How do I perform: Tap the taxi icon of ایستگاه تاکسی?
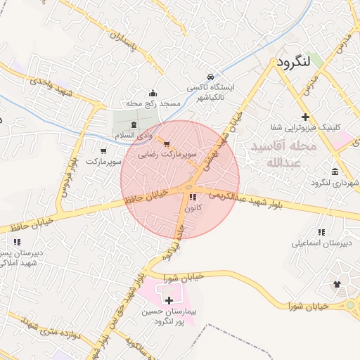tap(210, 76)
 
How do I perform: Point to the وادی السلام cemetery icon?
tap(134, 124)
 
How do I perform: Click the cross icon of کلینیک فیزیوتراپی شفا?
tap(304, 117)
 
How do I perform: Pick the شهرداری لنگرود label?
tap(333, 183)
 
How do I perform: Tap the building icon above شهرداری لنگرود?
tap(334, 172)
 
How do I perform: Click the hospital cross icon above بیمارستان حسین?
tap(169, 300)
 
